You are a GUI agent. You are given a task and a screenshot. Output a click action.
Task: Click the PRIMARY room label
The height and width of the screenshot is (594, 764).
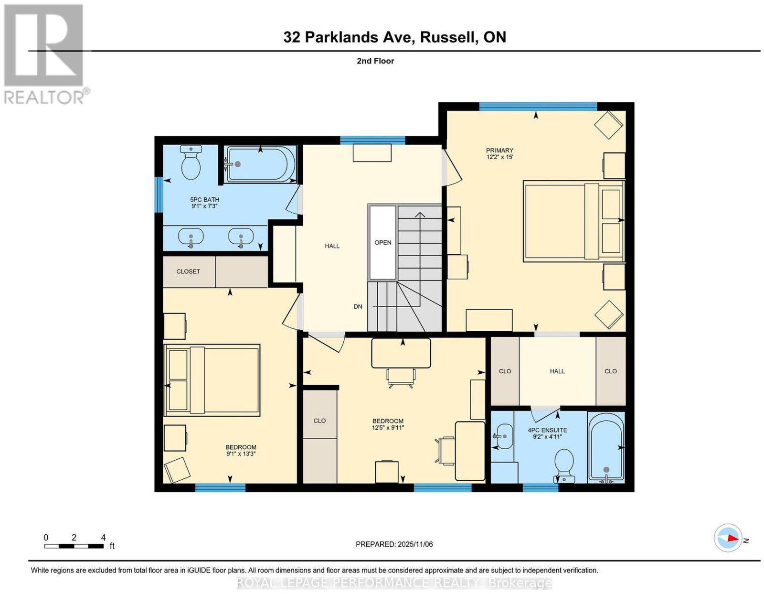(499, 150)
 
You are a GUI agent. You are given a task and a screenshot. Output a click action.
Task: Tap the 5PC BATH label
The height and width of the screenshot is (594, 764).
(205, 200)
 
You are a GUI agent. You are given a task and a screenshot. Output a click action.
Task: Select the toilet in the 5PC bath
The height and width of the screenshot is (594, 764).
(191, 162)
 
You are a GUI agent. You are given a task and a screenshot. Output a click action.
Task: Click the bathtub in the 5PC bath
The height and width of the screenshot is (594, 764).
(261, 164)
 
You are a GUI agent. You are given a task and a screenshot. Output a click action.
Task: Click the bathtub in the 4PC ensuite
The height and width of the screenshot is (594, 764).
(606, 447)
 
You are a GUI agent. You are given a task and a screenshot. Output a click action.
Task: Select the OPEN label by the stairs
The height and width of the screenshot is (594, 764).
(382, 243)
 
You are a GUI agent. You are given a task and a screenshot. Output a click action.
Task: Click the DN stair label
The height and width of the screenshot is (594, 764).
(358, 307)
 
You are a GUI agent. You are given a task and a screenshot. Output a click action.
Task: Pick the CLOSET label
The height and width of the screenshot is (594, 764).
(189, 271)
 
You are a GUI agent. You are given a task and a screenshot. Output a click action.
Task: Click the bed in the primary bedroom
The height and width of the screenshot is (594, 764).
(574, 221)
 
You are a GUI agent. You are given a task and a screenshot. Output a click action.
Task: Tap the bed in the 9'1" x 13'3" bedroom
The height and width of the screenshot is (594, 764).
(212, 380)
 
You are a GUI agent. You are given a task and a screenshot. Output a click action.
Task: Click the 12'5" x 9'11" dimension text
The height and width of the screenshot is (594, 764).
(388, 428)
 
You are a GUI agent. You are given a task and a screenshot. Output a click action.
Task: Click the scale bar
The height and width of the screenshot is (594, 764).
(74, 546)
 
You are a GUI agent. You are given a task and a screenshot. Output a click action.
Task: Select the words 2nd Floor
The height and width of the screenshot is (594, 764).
(375, 61)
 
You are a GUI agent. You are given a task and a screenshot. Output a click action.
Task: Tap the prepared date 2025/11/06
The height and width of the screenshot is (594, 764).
(415, 544)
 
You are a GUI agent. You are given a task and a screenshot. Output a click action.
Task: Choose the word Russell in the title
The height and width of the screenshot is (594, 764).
(447, 37)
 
